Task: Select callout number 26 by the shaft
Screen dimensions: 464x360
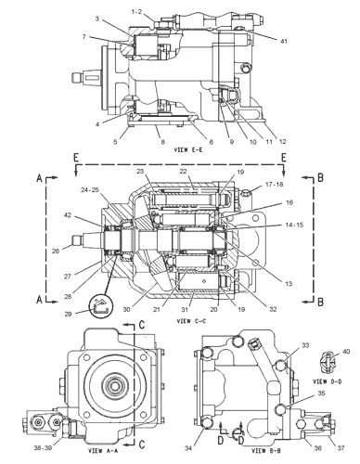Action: coord(81,248)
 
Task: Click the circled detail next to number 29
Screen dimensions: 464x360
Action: coord(97,304)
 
